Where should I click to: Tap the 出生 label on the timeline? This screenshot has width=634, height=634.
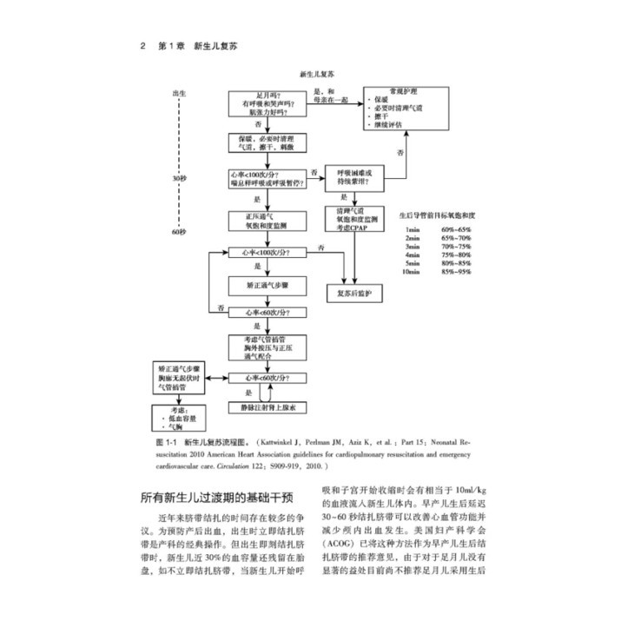click(181, 92)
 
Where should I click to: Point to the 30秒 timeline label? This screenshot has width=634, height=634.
click(180, 177)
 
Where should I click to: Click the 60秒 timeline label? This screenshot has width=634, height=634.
click(180, 232)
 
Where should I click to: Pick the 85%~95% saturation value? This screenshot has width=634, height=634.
click(458, 272)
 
